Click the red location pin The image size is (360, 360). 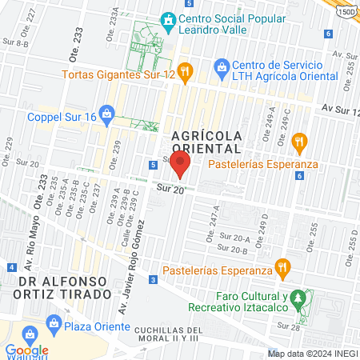181,165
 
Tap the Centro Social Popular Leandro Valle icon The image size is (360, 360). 168,19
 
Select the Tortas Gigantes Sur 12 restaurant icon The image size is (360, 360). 184,74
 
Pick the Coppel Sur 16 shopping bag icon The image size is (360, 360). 106,115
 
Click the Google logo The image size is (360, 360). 26,350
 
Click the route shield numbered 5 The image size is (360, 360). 152,165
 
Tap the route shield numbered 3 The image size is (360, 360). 152,279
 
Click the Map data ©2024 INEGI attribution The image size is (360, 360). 313,353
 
